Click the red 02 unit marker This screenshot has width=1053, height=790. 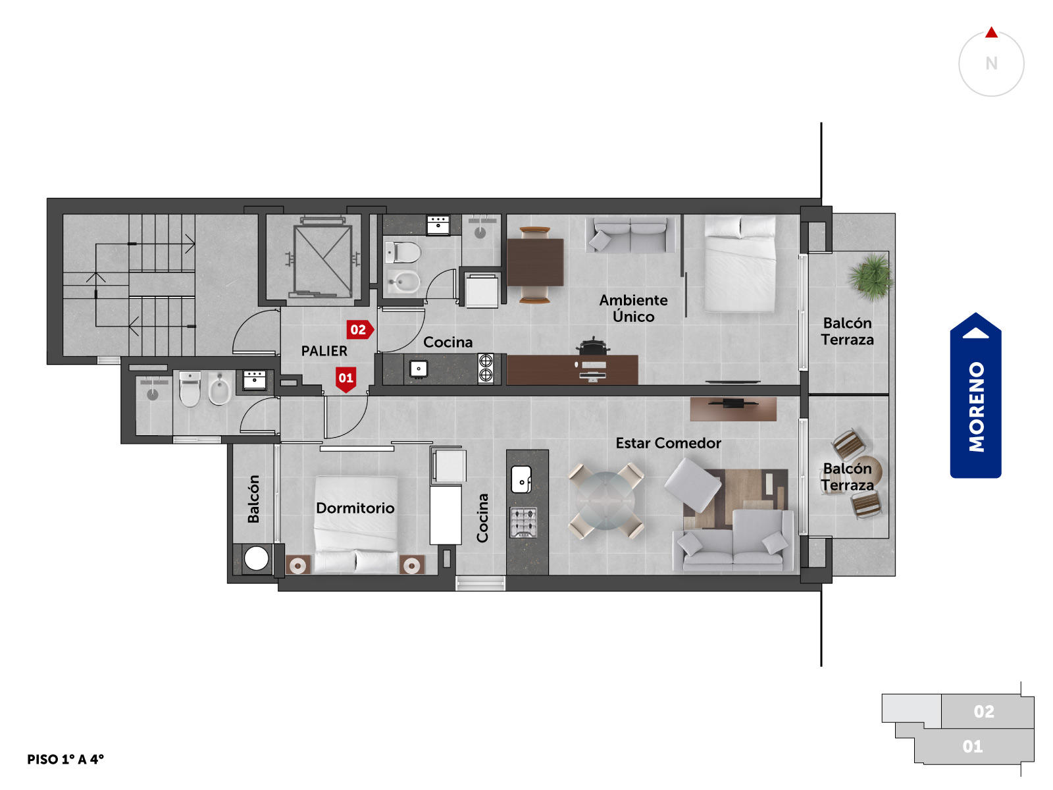pos(360,330)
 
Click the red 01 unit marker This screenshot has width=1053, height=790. pos(346,379)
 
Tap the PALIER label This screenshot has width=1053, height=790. pos(324,351)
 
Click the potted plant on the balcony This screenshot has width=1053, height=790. pos(870,277)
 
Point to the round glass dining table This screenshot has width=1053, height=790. pos(605,500)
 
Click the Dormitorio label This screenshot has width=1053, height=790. pos(355,508)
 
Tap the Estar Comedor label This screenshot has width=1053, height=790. pos(668,443)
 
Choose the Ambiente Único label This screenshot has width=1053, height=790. pos(633,308)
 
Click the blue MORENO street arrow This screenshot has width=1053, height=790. pos(975,395)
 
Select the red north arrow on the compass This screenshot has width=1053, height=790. pos(991,33)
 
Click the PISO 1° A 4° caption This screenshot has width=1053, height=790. pos(65,759)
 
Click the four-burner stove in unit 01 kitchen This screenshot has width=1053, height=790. pos(523,522)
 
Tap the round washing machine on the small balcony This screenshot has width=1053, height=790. pos(256,558)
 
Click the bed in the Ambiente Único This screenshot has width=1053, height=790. pos(740,263)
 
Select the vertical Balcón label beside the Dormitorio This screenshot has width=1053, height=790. pos(253,499)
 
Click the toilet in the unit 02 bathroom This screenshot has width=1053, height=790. pos(402,252)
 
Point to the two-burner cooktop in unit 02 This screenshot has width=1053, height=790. pos(486,369)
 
